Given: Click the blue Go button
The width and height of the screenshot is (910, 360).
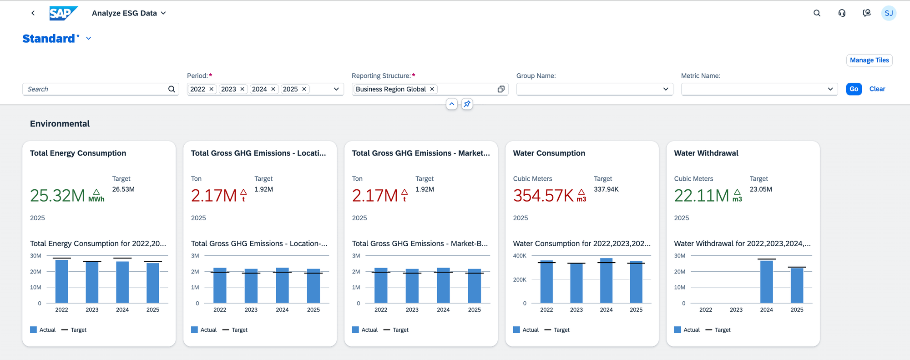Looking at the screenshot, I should (x=854, y=89).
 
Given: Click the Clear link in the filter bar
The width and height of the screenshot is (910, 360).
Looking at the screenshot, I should (x=877, y=89).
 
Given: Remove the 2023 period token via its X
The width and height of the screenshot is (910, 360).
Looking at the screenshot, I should (x=243, y=89).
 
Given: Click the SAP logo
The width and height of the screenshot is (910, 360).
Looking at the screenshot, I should (x=63, y=13).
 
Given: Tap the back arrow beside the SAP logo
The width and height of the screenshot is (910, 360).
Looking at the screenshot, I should (x=33, y=13).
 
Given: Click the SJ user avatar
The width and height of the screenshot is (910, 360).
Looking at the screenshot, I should (x=888, y=13).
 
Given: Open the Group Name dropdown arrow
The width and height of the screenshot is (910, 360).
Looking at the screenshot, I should (x=665, y=89).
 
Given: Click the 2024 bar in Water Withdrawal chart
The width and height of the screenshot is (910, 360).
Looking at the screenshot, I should (x=766, y=282).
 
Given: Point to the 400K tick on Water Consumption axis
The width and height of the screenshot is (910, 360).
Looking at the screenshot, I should (x=520, y=256).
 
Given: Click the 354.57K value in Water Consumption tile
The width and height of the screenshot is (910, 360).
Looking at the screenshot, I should (x=543, y=196).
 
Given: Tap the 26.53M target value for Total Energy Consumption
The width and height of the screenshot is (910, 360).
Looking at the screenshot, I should (x=123, y=189).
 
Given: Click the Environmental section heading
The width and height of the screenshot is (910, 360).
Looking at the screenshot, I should (x=60, y=124).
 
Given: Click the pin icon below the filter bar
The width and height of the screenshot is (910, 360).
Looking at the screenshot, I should (x=467, y=104).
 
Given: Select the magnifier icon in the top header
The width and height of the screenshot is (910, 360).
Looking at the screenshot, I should (x=817, y=13).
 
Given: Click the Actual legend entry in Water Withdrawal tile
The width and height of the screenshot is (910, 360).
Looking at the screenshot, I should (x=687, y=330).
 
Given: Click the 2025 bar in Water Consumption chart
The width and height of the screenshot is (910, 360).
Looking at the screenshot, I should (x=636, y=282).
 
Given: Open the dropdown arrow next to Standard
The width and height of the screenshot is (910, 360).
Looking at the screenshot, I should (x=89, y=39).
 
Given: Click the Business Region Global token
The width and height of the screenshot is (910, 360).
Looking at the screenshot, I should (x=390, y=89).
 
